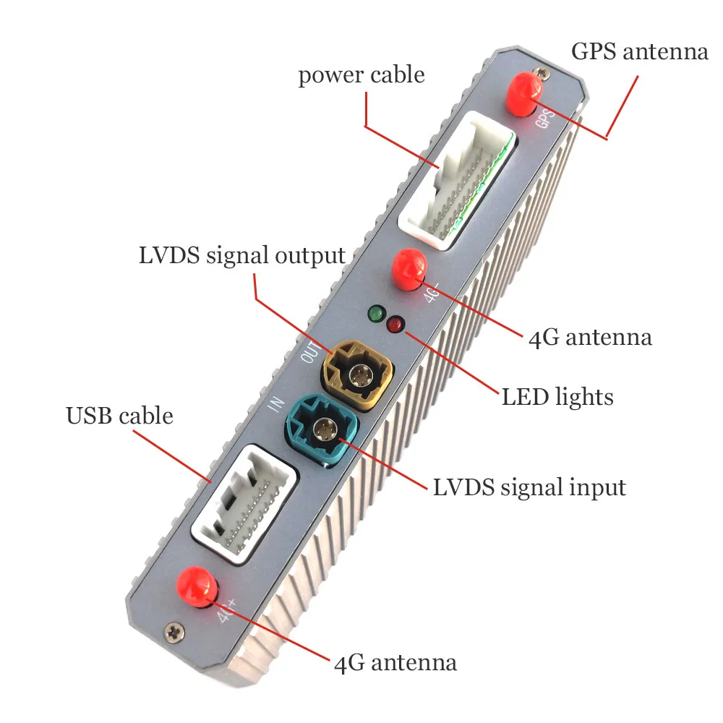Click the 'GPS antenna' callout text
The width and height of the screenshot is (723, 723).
[639, 52]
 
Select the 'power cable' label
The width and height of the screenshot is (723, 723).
[361, 75]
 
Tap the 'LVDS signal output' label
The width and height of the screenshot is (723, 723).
[242, 256]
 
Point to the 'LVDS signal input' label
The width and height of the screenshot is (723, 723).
[529, 487]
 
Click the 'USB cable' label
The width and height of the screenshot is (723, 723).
[119, 416]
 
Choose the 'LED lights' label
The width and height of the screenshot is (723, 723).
[557, 396]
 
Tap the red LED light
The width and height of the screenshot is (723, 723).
[395, 325]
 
